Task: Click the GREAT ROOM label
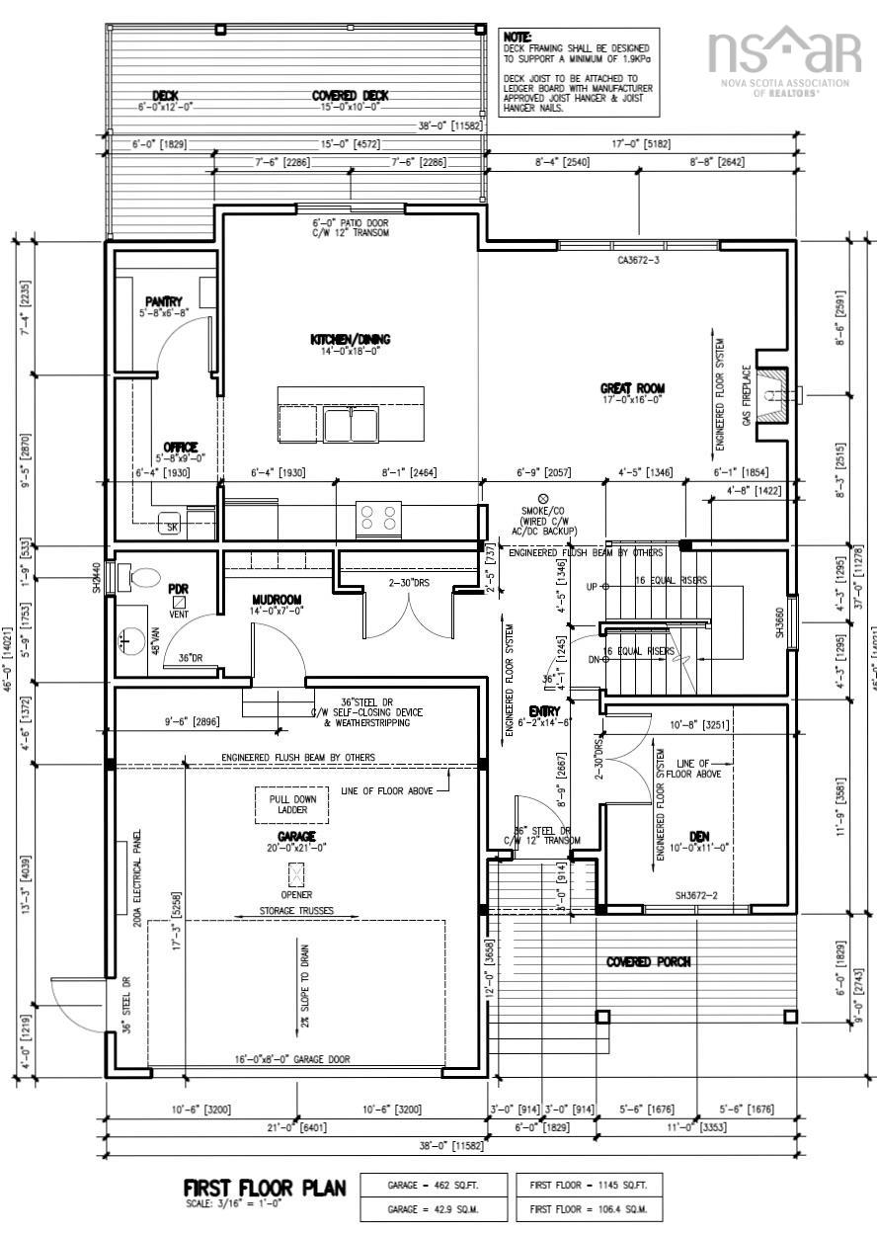click(632, 388)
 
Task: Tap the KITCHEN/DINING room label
click(351, 339)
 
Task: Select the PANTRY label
click(163, 301)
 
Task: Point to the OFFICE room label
click(180, 447)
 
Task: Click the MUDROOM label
click(277, 600)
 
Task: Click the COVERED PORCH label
click(649, 961)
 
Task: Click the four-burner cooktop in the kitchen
click(379, 518)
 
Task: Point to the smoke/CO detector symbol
click(542, 499)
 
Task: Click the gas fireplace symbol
click(775, 393)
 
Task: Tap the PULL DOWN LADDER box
click(292, 804)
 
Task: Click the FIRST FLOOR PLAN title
click(265, 1188)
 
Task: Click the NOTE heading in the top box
click(518, 36)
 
